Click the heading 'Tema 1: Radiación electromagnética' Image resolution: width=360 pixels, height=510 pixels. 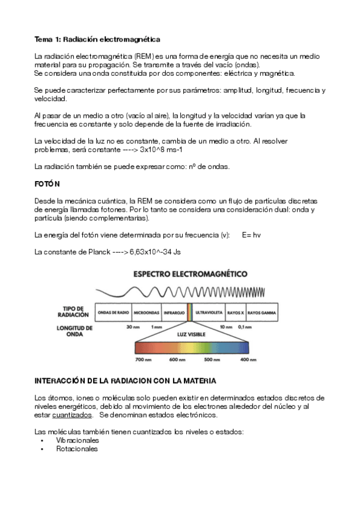[x=97, y=39]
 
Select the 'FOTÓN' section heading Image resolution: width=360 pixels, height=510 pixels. [x=47, y=182]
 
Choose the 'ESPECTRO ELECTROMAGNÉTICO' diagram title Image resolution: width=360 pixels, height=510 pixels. [x=189, y=274]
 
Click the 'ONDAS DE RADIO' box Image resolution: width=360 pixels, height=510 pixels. [x=114, y=313]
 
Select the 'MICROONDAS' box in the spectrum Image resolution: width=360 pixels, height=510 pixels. [x=147, y=313]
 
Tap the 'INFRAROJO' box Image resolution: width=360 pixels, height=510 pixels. [x=174, y=313]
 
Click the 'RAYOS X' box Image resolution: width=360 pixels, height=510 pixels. [x=235, y=313]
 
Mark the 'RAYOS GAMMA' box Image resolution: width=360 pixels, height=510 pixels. [x=261, y=313]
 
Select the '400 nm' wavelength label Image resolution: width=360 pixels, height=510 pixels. [x=248, y=360]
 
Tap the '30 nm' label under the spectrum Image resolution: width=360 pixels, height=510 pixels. [x=133, y=327]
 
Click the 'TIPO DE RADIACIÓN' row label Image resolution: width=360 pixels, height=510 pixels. [x=76, y=311]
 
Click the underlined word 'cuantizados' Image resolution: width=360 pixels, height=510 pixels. [x=72, y=415]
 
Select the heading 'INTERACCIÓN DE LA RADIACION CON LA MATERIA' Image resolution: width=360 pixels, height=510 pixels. [x=126, y=381]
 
